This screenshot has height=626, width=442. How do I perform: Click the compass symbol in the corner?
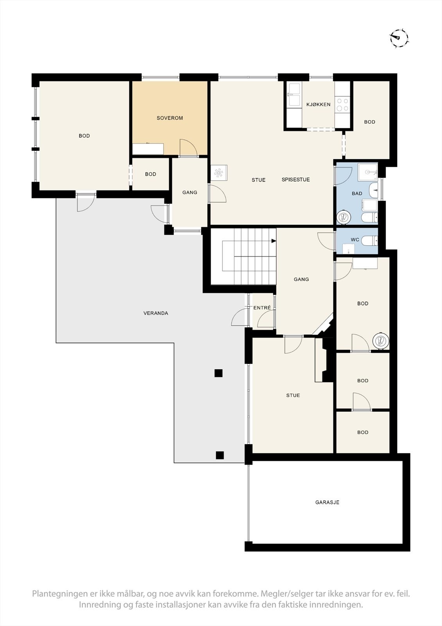399,38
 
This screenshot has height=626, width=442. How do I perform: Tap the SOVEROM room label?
170,118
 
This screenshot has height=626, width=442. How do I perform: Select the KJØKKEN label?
318,104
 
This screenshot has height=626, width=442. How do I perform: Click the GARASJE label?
327,502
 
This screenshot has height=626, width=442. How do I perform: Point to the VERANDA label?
156,313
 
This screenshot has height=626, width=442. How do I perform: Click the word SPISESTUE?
296,180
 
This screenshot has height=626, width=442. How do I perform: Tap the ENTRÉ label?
262,308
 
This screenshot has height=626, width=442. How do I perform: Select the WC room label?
355,240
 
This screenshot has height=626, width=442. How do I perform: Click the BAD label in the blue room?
357,193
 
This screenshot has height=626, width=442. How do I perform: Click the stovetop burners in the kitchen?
342,104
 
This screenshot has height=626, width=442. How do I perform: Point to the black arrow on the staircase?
274,241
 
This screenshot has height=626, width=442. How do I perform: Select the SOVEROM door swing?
189,147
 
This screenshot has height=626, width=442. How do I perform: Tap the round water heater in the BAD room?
343,217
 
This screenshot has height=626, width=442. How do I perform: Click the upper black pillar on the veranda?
218,373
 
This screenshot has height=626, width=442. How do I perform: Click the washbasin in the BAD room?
374,190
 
